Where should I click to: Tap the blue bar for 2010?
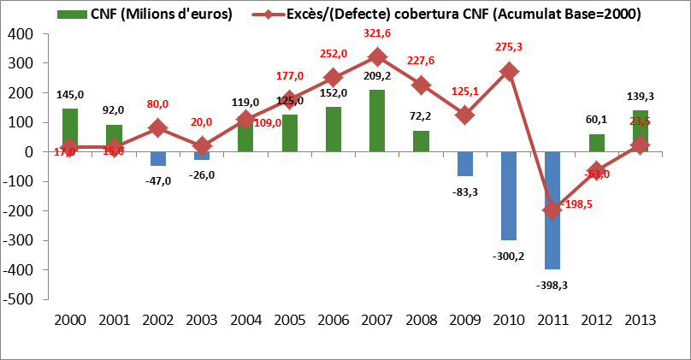point(508,196)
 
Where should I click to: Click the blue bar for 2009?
point(464,163)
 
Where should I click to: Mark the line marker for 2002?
point(157,128)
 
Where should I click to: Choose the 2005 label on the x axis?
point(289,320)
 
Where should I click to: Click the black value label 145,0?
point(70,95)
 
